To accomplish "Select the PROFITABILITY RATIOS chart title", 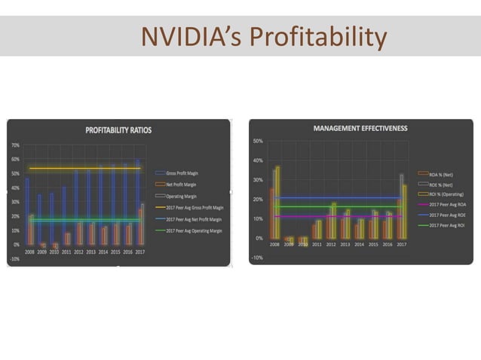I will pos(118,130).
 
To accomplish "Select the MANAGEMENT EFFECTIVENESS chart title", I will pos(360,128).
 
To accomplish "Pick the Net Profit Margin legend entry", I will pos(182,184).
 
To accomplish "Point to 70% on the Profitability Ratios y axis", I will pos(14,144).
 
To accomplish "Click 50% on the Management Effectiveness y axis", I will pos(257,141).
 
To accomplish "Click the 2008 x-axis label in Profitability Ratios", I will pos(29,252).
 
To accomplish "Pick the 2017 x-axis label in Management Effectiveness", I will pos(401,245).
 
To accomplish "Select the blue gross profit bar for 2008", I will pos(26,211).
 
